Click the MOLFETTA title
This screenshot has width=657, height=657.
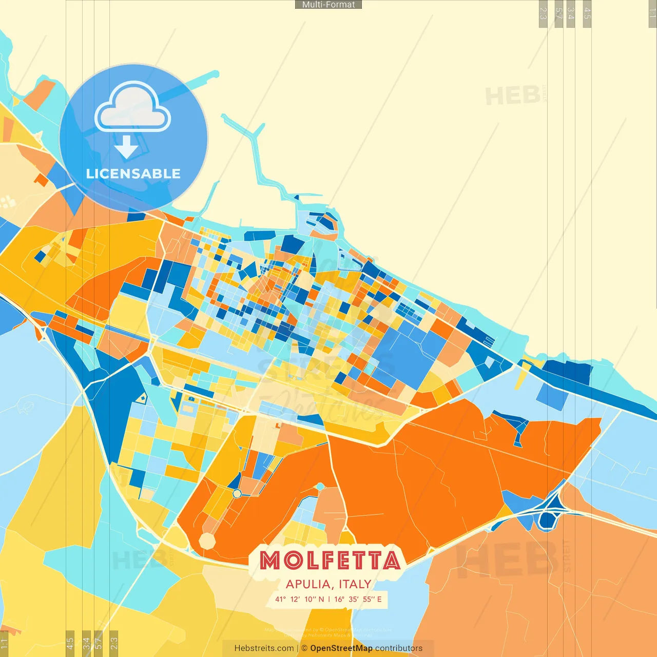[330, 560]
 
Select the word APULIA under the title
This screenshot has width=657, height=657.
[308, 584]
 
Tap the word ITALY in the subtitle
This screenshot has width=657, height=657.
[355, 584]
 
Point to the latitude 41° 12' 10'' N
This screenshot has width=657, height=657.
[299, 599]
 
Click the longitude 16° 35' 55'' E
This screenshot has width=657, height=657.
[358, 599]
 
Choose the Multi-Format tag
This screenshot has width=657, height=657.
[328, 5]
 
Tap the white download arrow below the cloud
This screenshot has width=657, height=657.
[126, 147]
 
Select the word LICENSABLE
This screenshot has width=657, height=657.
[133, 173]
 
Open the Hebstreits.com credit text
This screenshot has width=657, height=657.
[264, 648]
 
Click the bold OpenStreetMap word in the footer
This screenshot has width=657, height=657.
[341, 648]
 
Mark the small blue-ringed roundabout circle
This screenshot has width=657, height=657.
[237, 493]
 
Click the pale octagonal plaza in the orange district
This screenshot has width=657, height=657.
[207, 540]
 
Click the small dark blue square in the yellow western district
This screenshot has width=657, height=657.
[40, 256]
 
